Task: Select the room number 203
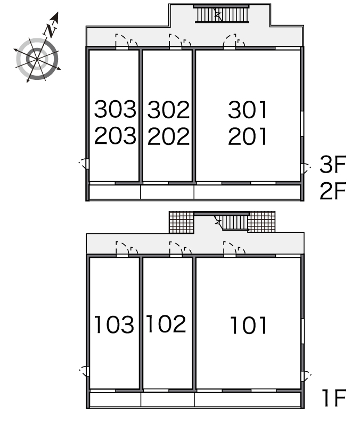point(115,135)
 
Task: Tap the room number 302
point(168,110)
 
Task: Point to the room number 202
point(168,136)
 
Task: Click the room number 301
point(248,110)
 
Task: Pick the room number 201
point(248,136)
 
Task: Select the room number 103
point(114,324)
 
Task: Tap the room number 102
point(166,323)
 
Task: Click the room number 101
point(248,326)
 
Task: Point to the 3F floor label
point(333,164)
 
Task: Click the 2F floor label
point(333,191)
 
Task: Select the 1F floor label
point(334,397)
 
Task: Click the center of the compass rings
point(37,59)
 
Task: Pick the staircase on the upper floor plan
point(221,14)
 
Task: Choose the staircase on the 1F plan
point(231,222)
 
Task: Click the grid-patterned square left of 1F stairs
point(181,222)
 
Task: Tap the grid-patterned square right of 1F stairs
point(261,222)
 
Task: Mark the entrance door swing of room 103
point(122,248)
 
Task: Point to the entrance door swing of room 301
point(230,40)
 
